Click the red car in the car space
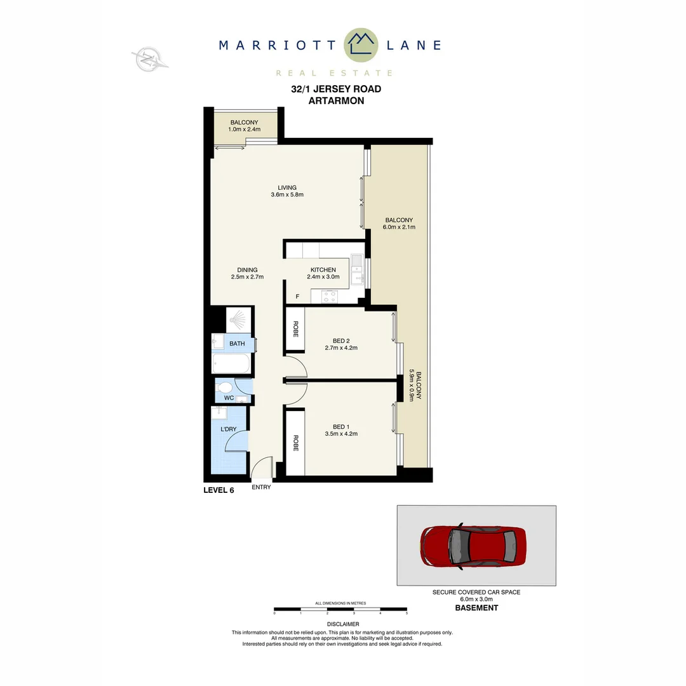(x=473, y=545)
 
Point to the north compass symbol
(x=150, y=60)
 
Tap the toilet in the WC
(x=225, y=386)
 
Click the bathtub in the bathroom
(x=231, y=365)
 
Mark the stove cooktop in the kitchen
(x=329, y=295)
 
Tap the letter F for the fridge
(x=297, y=297)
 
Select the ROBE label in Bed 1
(x=295, y=443)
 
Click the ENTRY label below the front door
(x=261, y=487)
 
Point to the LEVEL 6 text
(x=219, y=490)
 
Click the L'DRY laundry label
(x=229, y=430)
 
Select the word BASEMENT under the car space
(x=476, y=608)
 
